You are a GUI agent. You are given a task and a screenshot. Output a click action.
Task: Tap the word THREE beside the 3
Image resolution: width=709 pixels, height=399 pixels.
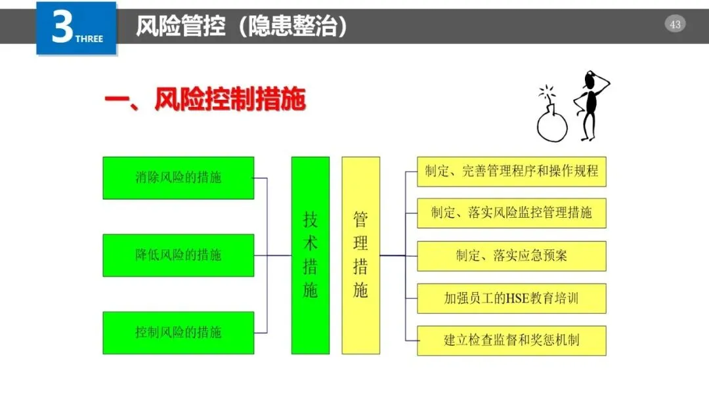[89, 39]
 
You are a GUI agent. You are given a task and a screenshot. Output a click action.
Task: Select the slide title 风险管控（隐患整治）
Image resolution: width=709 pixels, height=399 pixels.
[241, 26]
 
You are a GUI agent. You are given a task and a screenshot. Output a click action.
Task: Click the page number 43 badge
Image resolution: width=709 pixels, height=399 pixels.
[675, 25]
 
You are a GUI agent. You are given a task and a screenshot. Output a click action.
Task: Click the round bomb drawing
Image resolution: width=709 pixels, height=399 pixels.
[551, 125]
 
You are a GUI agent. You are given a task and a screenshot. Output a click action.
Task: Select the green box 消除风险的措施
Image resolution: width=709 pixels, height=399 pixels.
[179, 178]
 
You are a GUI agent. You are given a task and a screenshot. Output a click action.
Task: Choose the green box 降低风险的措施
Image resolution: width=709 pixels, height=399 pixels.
[179, 255]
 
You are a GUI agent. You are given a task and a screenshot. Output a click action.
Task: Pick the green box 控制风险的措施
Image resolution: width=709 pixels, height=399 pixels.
[179, 332]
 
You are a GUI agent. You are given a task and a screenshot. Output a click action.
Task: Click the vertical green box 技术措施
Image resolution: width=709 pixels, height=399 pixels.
[311, 255]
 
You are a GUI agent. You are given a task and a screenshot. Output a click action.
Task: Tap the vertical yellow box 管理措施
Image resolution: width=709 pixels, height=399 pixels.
[360, 255]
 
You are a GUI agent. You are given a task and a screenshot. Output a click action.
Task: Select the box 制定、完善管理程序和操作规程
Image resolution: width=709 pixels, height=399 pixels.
[511, 171]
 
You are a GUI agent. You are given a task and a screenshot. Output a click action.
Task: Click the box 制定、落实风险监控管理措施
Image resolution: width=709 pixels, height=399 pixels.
[511, 213]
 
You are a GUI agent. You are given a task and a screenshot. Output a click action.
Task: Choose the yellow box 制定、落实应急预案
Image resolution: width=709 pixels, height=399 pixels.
[511, 256]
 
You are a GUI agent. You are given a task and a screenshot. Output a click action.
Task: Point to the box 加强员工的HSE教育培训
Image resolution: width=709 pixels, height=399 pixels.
[511, 299]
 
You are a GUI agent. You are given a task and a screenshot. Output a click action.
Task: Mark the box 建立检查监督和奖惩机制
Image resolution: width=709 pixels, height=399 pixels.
[511, 341]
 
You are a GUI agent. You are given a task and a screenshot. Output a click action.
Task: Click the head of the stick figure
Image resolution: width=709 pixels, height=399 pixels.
[591, 81]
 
